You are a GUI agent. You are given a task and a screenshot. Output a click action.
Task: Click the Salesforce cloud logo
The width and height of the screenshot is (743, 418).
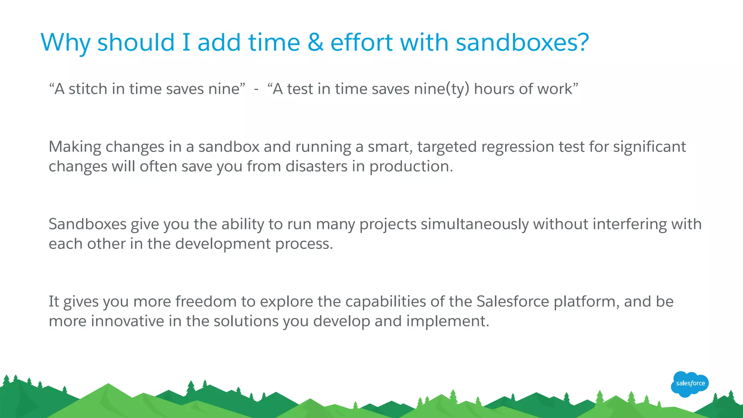point(690,384)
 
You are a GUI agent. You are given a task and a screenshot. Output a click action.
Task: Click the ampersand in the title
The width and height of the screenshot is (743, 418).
point(315,42)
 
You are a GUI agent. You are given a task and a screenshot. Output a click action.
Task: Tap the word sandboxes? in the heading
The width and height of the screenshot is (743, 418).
point(522,42)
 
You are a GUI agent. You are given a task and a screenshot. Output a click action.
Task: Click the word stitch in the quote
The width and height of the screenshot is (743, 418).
point(88,89)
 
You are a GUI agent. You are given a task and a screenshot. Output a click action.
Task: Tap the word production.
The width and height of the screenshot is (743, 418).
point(411,166)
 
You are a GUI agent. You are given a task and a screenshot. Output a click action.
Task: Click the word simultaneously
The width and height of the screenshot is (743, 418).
point(475,224)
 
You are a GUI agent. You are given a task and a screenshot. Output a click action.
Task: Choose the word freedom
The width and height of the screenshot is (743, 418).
point(206,302)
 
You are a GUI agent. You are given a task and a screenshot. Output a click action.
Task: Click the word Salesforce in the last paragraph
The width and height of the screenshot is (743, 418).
point(513,302)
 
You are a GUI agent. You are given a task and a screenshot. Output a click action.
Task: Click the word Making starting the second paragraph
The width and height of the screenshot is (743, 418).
point(75,147)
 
